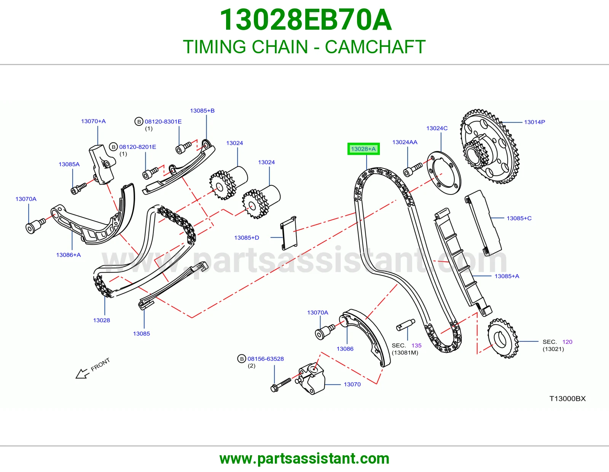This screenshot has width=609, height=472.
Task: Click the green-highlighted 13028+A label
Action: click(x=363, y=149)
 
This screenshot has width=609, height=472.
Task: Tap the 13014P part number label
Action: click(x=534, y=122)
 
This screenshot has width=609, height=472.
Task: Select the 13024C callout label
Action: click(x=437, y=128)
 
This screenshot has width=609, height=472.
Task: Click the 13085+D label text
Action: click(x=247, y=238)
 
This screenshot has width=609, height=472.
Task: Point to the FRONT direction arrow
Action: click(x=82, y=374)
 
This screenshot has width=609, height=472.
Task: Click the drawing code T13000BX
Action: click(x=568, y=399)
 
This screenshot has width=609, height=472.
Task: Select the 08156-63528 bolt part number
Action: click(x=265, y=359)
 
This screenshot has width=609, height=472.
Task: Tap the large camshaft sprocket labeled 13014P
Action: click(x=490, y=147)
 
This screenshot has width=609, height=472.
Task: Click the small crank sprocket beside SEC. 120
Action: click(x=503, y=338)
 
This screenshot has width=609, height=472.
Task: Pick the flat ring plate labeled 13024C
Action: click(x=444, y=173)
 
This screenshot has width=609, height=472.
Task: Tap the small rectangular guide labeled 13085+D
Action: click(x=289, y=233)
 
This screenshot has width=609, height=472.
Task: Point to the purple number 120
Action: click(x=567, y=342)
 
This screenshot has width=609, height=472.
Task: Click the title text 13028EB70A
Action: click(x=306, y=20)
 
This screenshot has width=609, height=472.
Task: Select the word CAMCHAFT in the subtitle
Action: click(x=375, y=47)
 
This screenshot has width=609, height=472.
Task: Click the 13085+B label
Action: click(x=202, y=111)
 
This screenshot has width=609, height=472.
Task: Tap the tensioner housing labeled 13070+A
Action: click(x=102, y=164)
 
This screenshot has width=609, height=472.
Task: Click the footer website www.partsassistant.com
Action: click(x=304, y=459)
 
